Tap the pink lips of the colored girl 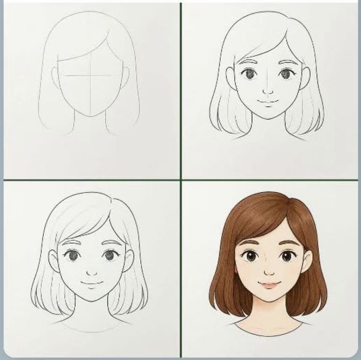pos(268,284)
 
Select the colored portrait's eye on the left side pos(251,256)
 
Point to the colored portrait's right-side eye pos(286,256)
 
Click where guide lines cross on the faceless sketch pos(90,76)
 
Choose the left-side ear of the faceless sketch pos(55,78)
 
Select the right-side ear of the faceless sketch pos(125,78)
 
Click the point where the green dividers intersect pos(181,179)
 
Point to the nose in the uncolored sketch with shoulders pos(91,272)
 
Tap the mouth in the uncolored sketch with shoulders pos(92,283)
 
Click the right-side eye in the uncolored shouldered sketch pos(109,255)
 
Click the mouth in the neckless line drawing pos(268,103)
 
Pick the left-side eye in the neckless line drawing pos(249,74)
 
